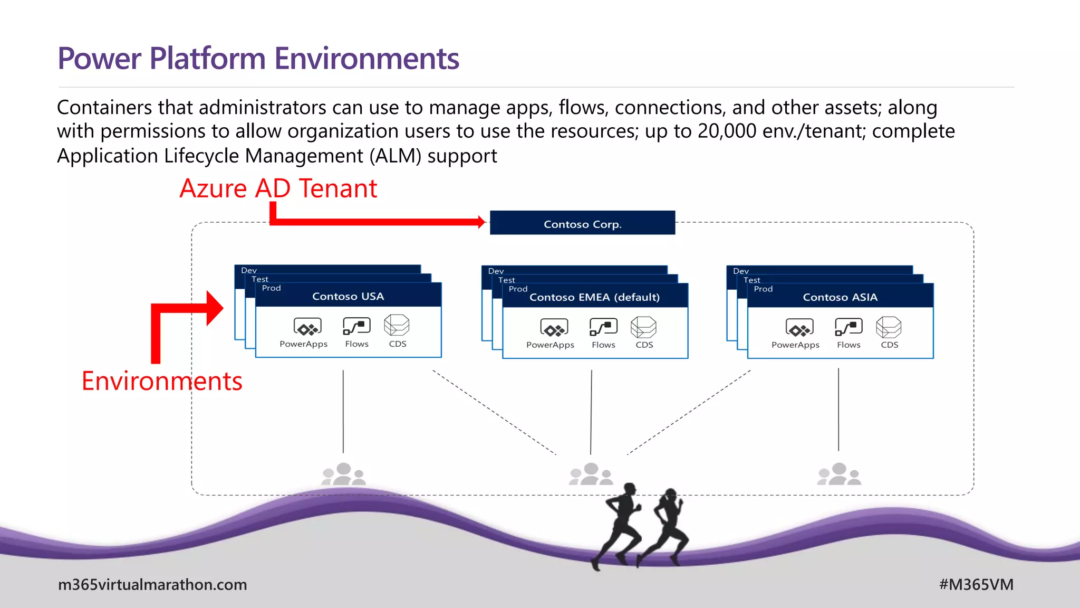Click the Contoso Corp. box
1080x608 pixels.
coord(582,223)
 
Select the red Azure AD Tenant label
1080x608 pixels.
coord(278,188)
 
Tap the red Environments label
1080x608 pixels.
coord(162,381)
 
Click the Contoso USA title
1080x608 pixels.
coord(348,297)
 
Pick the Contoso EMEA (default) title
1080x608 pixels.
coord(594,298)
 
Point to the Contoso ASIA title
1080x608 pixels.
coord(840,298)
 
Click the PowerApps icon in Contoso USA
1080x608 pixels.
coord(307,327)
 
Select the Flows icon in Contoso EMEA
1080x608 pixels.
coord(603,327)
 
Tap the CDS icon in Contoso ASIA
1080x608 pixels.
coord(889,327)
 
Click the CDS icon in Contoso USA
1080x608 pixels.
coord(397,326)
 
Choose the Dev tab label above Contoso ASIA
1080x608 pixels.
coord(741,271)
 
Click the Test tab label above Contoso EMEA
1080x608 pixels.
coord(506,280)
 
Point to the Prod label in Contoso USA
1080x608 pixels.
coord(271,288)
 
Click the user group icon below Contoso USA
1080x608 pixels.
coord(344,474)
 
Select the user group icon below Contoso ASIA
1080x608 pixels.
coord(839,474)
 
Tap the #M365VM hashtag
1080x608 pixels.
coord(976,585)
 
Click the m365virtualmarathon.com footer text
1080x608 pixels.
coord(152,585)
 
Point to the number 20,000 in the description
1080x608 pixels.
coord(727,131)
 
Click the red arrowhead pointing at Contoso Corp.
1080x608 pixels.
coord(480,222)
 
